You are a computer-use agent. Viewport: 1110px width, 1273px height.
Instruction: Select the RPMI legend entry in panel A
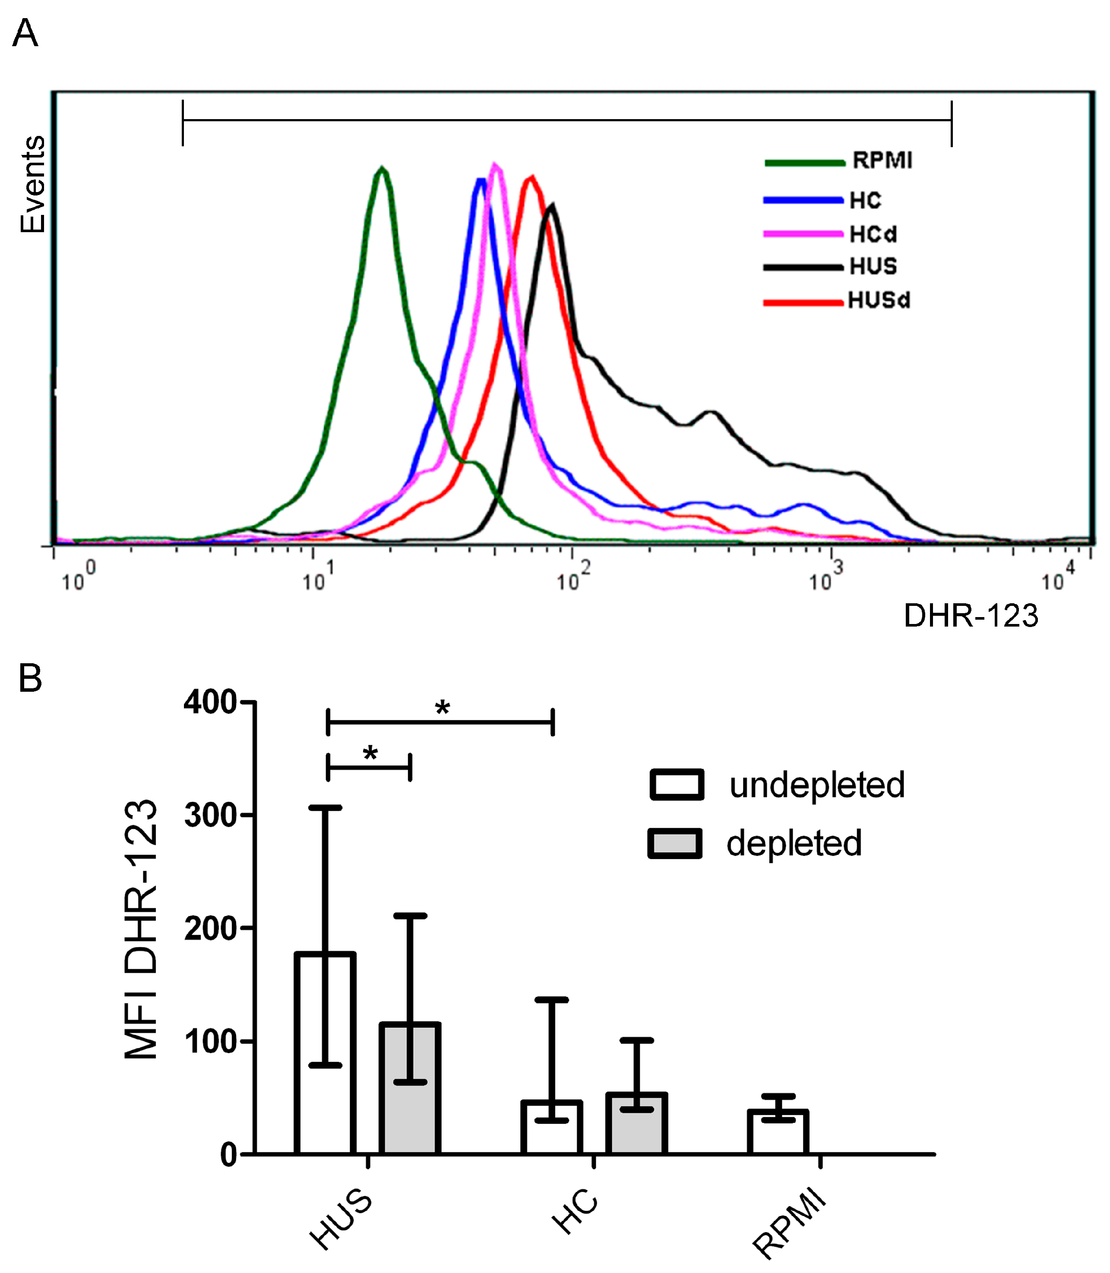(882, 161)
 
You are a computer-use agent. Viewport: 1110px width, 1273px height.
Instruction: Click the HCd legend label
(873, 235)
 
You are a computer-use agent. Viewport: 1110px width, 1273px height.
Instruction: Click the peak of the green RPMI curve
(382, 168)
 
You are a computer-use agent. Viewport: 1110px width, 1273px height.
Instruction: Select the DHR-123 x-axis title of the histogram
(971, 616)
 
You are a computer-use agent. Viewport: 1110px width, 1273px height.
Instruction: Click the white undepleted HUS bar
(325, 1052)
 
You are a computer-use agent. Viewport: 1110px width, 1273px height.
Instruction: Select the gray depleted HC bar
(636, 1124)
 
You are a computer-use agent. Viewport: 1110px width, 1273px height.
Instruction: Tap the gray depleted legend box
(675, 843)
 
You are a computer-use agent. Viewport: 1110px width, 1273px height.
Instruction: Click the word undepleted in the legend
(816, 785)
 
